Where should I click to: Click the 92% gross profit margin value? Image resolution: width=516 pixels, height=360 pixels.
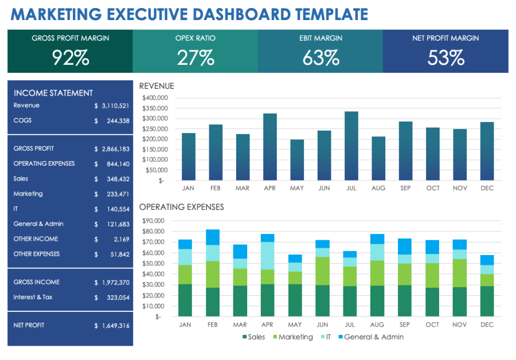tap(71, 57)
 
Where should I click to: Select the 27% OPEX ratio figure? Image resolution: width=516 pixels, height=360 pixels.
tap(196, 57)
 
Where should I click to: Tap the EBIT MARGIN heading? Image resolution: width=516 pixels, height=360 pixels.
tap(320, 38)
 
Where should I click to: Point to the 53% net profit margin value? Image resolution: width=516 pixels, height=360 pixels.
tap(445, 57)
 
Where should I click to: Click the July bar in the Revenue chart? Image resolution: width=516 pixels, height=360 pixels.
tap(351, 146)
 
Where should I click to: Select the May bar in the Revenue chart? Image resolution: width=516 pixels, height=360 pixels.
tap(297, 160)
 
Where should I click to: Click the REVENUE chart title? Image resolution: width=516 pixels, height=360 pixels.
tap(157, 86)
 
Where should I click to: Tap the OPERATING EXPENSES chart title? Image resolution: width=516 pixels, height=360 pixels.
tap(181, 207)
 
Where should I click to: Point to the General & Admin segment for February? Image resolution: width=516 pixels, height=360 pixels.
tap(213, 237)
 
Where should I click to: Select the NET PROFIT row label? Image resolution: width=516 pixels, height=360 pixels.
tap(29, 326)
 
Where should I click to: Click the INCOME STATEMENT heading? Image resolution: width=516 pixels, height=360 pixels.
tap(53, 93)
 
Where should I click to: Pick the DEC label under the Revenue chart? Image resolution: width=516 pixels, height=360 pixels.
tap(487, 188)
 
